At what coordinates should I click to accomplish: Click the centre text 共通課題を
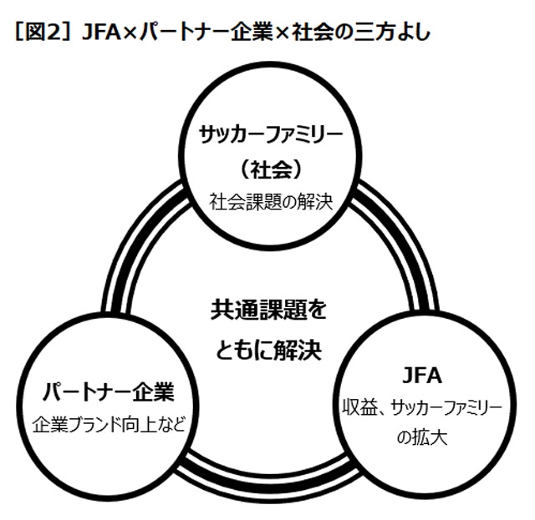click(x=267, y=311)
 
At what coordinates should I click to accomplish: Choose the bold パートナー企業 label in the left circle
click(x=108, y=391)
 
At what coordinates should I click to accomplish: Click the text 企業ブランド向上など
click(x=108, y=424)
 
